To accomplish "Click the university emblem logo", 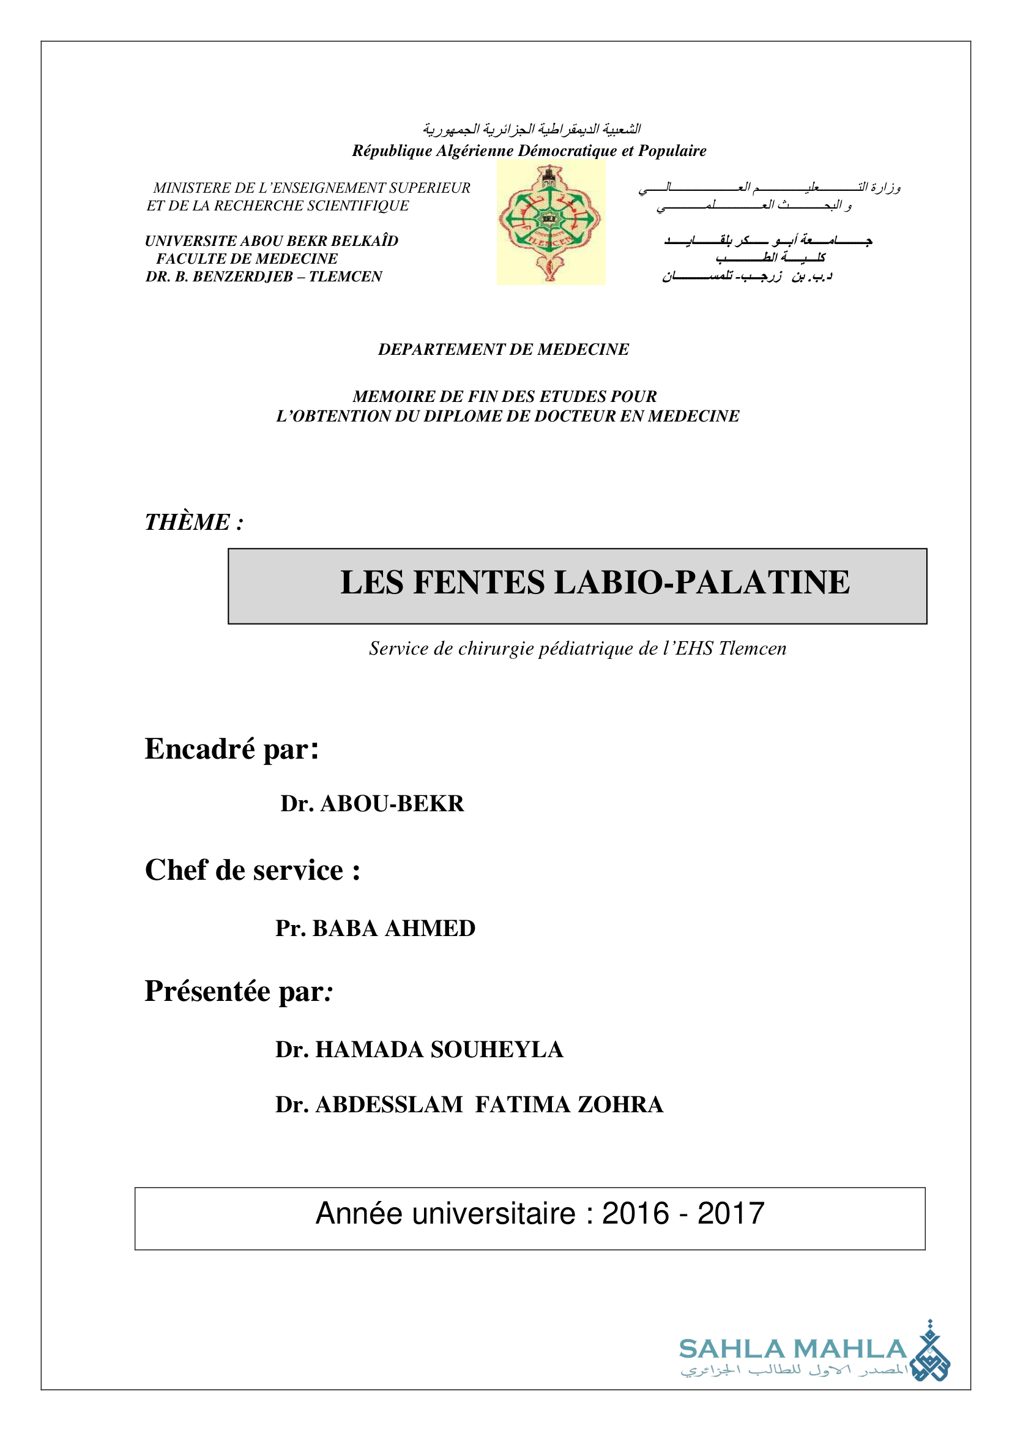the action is point(551,223).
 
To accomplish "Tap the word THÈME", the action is point(187,522).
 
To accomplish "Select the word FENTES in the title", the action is point(478,583).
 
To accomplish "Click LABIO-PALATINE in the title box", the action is point(702,583).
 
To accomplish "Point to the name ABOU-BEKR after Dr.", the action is point(392,804).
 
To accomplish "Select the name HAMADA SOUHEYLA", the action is point(439,1050).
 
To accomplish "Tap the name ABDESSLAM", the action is point(390,1104).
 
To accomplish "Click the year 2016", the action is point(635,1214).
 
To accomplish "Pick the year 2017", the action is point(731,1214).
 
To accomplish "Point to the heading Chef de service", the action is point(252,870).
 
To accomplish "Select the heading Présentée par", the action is point(239,991).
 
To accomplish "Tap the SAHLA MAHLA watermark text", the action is point(792,1349).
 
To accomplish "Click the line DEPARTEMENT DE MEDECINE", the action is point(504,350).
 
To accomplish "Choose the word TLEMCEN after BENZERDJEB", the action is point(345,277).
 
